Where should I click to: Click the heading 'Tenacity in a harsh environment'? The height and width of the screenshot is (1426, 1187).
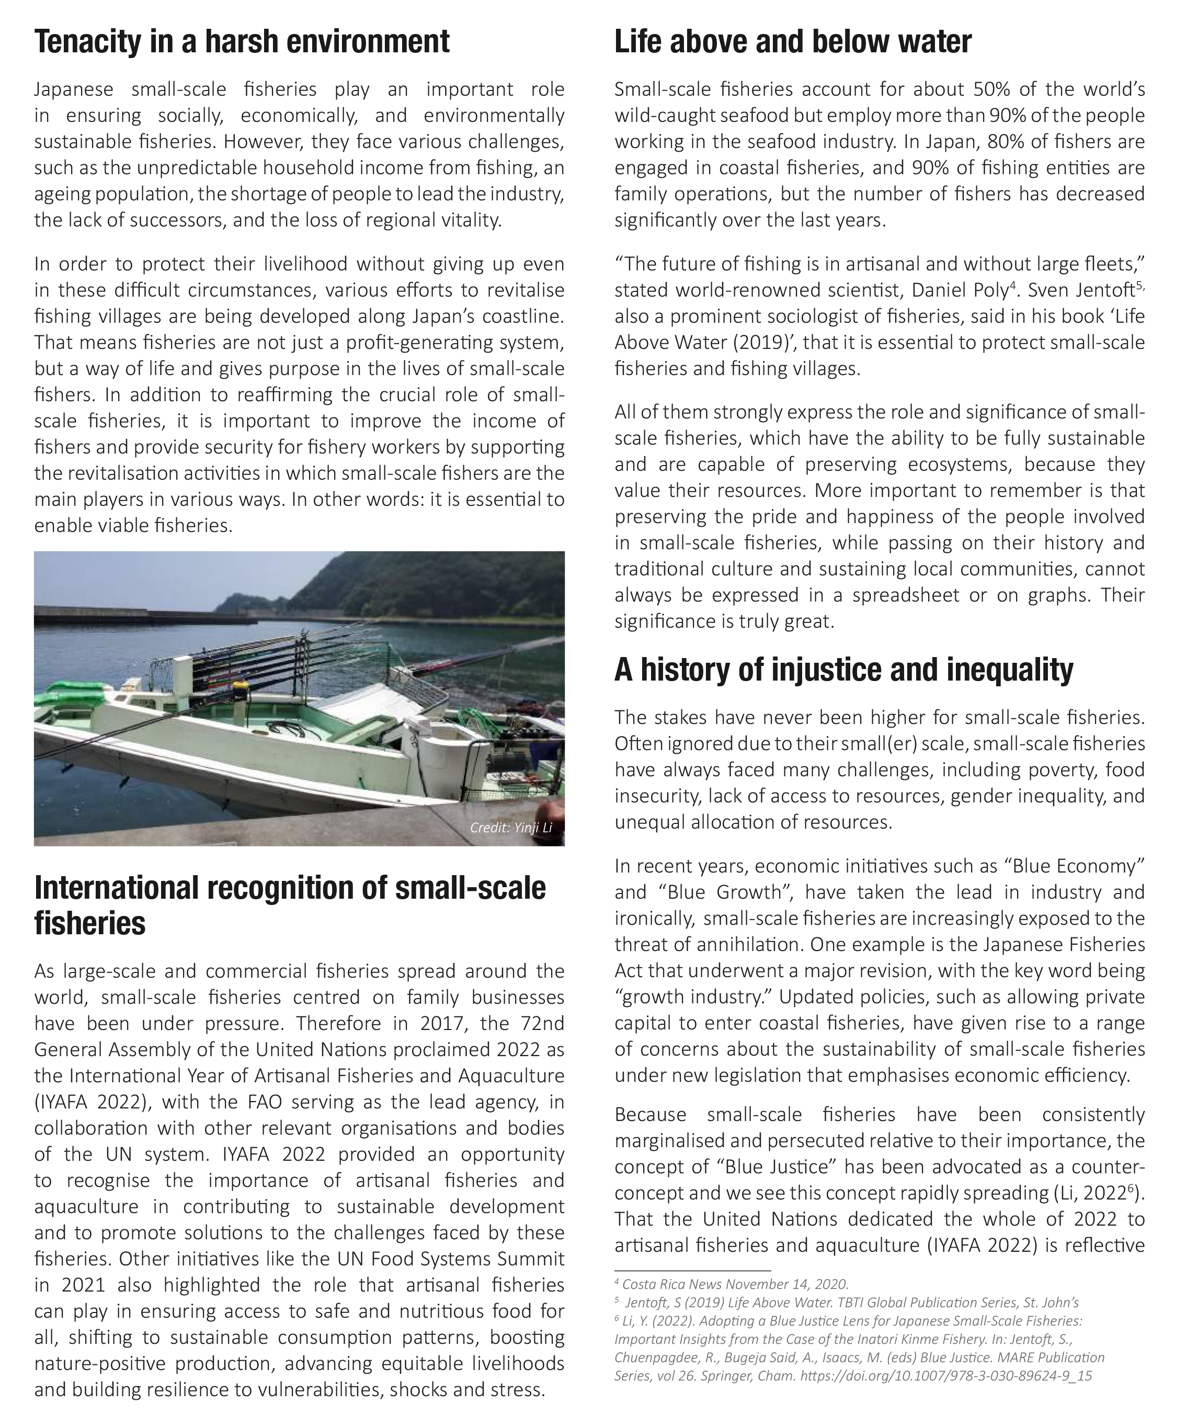click(x=242, y=41)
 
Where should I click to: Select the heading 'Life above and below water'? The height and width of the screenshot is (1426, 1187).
click(x=793, y=41)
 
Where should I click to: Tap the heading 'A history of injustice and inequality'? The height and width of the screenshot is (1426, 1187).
click(x=843, y=670)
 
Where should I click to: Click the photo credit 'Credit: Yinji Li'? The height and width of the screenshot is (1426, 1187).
click(x=511, y=828)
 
